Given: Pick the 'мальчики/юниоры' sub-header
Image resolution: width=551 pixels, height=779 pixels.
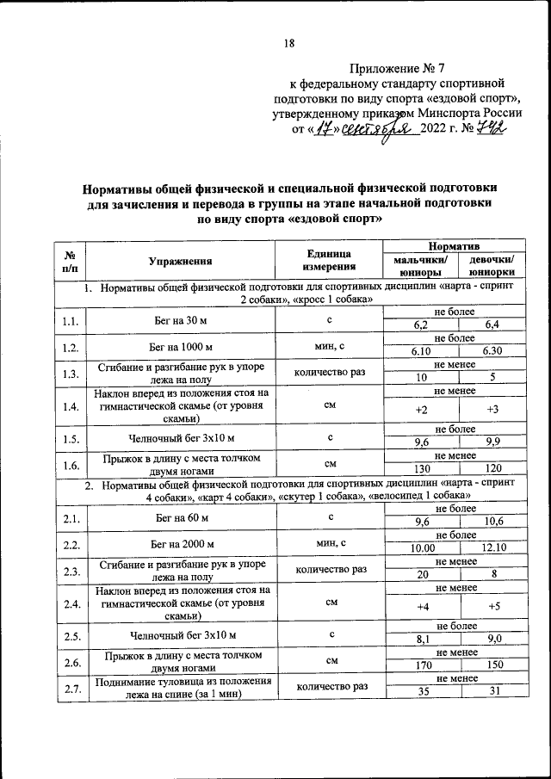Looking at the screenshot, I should (420, 267).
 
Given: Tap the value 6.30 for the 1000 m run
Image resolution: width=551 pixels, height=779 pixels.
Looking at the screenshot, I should (492, 351).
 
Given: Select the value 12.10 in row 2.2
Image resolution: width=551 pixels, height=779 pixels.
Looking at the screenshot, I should (492, 548).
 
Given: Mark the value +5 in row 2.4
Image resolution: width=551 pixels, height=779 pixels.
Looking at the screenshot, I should (492, 608).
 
